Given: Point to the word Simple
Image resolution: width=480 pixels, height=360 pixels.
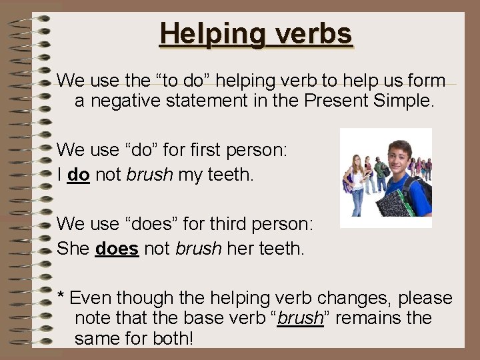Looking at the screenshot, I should [x=405, y=102].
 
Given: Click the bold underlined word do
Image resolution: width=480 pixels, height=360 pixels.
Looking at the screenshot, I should [x=79, y=175].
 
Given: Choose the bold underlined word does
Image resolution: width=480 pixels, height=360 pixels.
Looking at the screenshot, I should [x=117, y=249].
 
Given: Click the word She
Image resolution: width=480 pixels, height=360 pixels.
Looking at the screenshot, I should [x=73, y=249].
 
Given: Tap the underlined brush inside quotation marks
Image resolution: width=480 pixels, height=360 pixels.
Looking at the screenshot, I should [x=300, y=319].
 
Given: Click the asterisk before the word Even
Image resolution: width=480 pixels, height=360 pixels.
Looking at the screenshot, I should [x=61, y=295].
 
